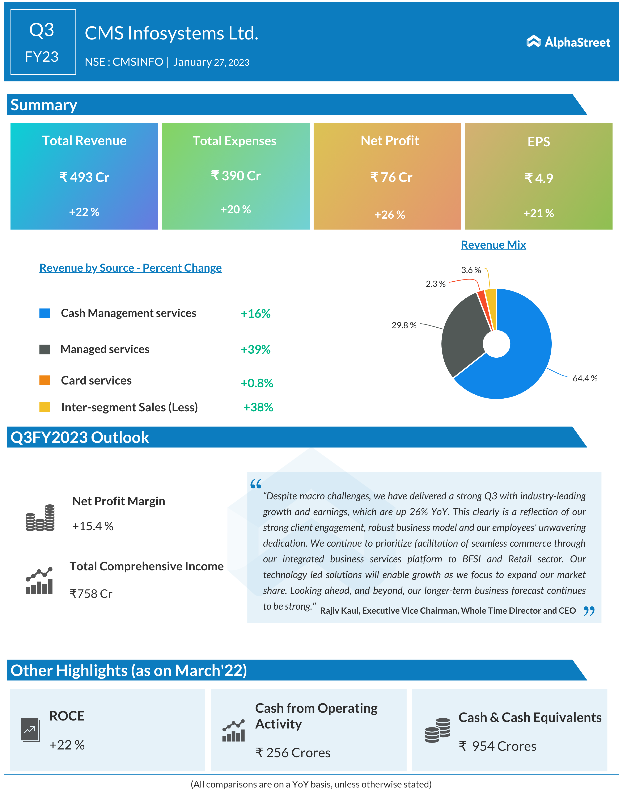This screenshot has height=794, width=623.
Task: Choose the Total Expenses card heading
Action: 234,141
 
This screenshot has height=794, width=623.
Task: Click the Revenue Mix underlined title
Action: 493,245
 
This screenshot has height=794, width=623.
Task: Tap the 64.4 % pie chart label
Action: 585,378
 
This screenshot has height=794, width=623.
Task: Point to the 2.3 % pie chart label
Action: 436,284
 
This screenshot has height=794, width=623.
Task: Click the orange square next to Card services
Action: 44,380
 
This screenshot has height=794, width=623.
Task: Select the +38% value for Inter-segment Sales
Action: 258,407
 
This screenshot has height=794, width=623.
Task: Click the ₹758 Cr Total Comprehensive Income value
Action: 91,594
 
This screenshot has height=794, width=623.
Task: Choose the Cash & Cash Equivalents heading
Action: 530,717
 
